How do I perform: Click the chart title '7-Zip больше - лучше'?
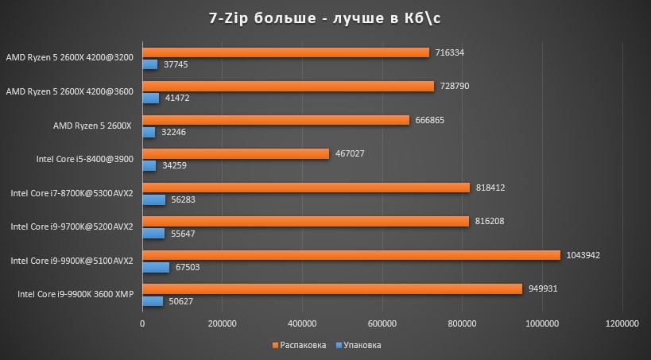click(325, 18)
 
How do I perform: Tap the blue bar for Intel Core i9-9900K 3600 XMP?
click(153, 301)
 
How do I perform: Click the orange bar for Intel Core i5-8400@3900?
click(236, 153)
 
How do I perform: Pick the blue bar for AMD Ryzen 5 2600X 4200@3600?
click(151, 98)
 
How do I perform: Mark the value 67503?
click(187, 268)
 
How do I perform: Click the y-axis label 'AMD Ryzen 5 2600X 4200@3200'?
click(70, 57)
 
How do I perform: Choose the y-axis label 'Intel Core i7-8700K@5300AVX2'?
click(72, 193)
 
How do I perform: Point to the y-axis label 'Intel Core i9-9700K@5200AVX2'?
click(72, 227)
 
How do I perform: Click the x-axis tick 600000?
click(382, 323)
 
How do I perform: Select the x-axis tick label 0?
click(142, 323)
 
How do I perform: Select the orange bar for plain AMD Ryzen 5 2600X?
click(276, 120)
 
